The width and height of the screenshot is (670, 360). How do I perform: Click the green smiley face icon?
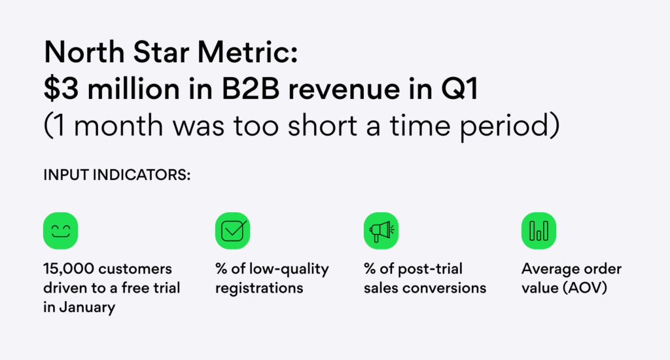61,230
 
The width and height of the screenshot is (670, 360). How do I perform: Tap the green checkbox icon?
233,230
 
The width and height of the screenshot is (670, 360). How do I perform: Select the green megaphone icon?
381,230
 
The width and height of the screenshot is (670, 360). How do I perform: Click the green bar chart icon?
538,230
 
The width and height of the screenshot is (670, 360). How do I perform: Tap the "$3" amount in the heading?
56,90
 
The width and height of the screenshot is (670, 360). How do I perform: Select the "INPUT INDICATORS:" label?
116,175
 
